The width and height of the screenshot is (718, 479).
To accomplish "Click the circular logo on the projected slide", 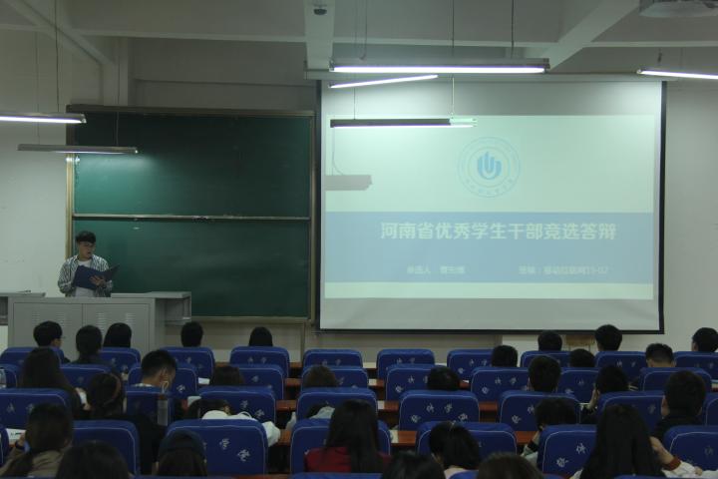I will click(488, 166).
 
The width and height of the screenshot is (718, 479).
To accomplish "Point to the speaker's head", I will click(86, 241).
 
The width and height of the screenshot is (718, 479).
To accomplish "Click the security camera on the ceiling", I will click(320, 9).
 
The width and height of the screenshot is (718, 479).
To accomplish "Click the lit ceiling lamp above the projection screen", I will click(439, 68).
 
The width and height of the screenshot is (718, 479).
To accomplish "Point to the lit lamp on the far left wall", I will click(40, 118).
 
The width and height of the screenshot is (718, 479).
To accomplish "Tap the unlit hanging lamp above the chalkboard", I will click(78, 149).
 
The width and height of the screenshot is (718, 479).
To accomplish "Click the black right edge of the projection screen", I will click(662, 205).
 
